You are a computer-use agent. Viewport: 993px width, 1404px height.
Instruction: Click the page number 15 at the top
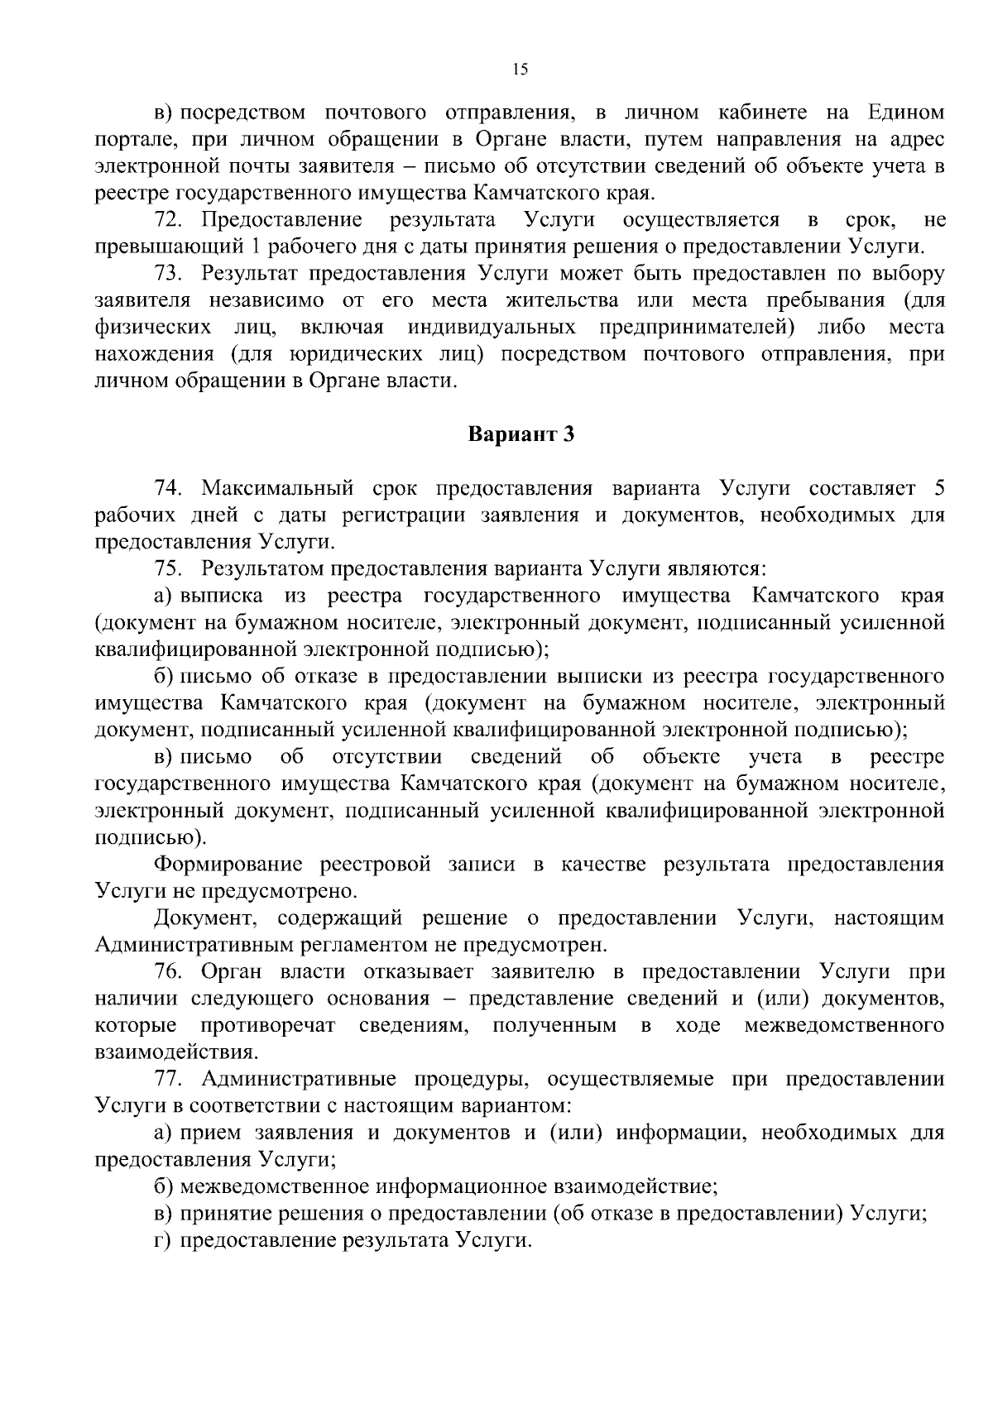coord(520,70)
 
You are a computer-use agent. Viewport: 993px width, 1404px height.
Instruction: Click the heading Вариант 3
coord(520,434)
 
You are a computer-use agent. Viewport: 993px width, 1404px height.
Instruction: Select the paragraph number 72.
coord(165,220)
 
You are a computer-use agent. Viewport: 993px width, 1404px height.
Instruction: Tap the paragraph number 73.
coord(165,274)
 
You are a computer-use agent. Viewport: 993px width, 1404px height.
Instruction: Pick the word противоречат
coord(268,1026)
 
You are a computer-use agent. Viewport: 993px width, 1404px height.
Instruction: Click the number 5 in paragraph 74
coord(938,487)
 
